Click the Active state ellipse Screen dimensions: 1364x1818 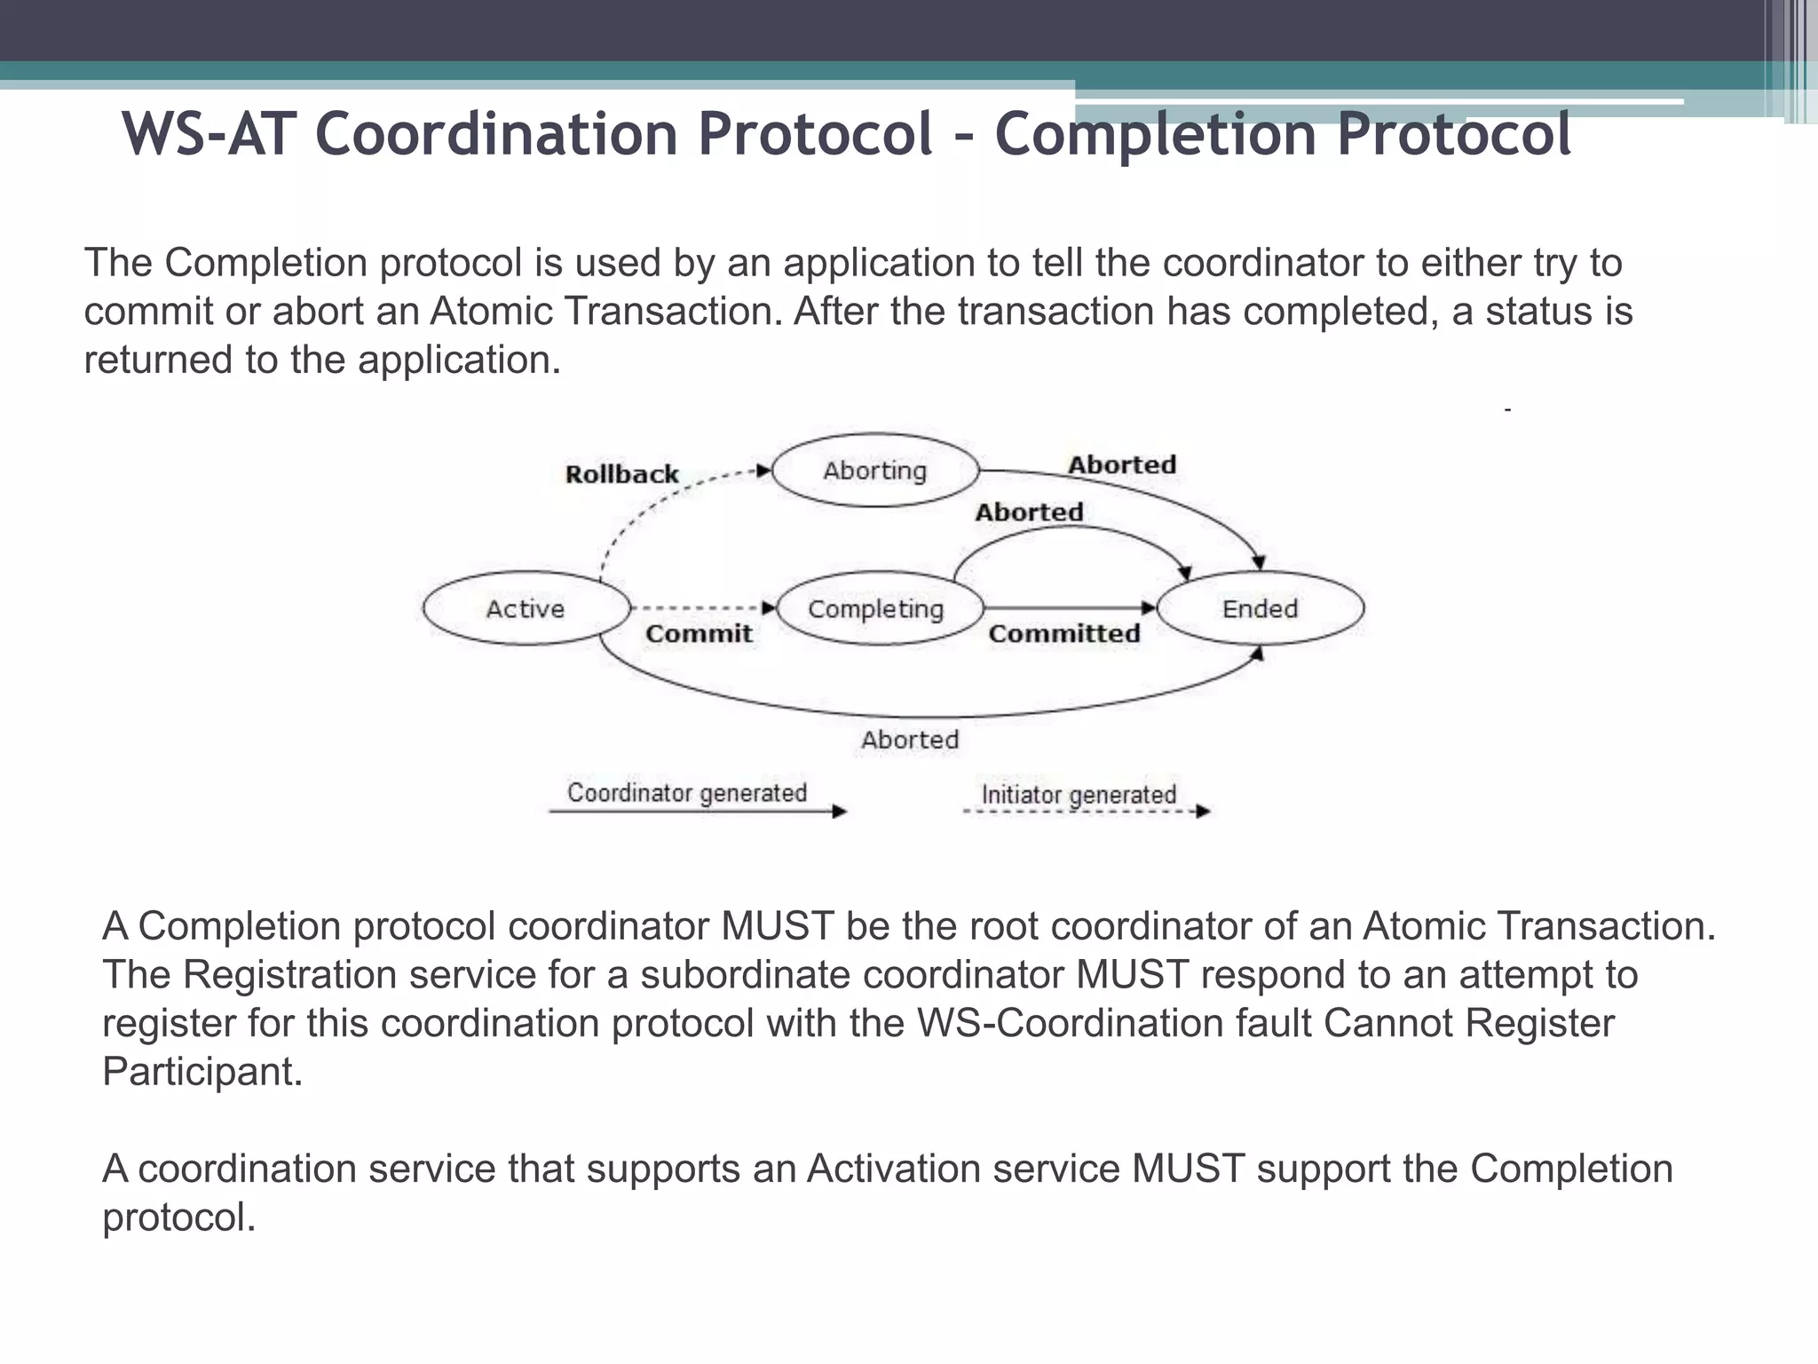[526, 608]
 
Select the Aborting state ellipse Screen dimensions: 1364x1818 [875, 471]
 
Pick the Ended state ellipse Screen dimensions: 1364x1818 [1261, 608]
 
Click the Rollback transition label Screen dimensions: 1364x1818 [621, 474]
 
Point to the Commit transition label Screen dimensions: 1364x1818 [699, 633]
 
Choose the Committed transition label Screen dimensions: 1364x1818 [1064, 633]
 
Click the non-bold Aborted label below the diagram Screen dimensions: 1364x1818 [910, 740]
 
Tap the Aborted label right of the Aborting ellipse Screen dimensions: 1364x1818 [1122, 464]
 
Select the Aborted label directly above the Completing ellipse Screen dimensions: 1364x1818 [1029, 512]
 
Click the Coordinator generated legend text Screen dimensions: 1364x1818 [687, 792]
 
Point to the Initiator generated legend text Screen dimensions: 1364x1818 [1079, 794]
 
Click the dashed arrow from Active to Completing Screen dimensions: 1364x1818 [701, 608]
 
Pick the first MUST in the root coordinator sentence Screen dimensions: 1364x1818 [777, 926]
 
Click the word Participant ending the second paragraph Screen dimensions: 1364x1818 [202, 1072]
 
